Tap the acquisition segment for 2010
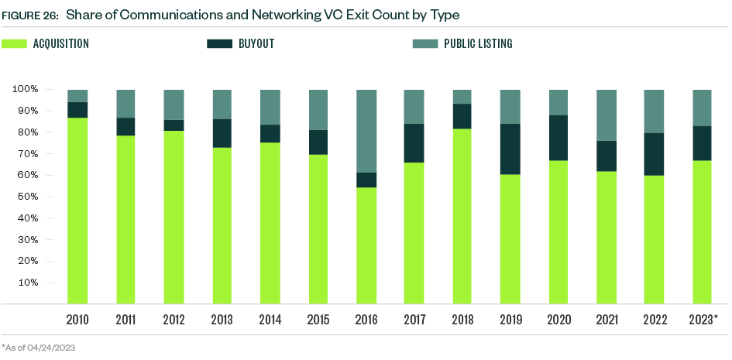click(77, 210)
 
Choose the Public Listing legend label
click(477, 44)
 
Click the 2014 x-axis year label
click(270, 319)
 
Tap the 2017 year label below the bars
click(415, 319)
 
